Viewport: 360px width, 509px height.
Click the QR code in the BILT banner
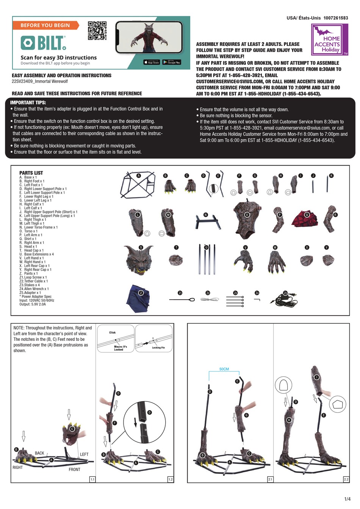(97, 31)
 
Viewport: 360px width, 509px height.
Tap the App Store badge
(152, 62)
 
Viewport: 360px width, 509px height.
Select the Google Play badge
(172, 62)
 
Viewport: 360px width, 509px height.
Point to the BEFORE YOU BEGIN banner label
(45, 25)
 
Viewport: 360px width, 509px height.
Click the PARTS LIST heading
(31, 173)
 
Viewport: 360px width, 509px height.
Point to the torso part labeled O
(246, 220)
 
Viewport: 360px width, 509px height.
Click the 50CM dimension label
(224, 369)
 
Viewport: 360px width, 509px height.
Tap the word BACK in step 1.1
(39, 453)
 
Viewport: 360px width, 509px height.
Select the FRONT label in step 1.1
(74, 469)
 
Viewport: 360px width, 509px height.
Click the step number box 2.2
(346, 479)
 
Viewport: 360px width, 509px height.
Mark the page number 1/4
(347, 499)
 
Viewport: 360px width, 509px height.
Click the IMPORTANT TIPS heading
(28, 103)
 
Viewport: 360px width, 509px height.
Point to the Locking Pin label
(158, 347)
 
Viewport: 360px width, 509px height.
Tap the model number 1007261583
(336, 18)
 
